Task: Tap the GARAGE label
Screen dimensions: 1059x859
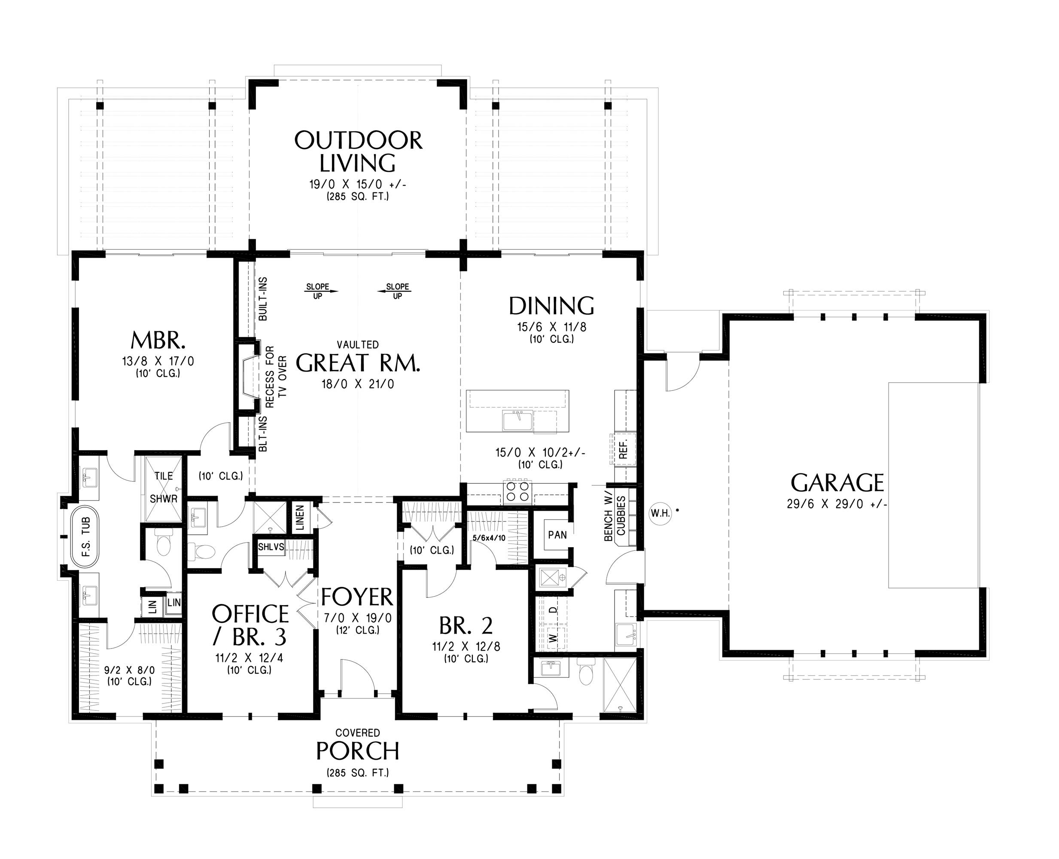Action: point(837,482)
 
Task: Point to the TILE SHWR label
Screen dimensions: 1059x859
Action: point(163,487)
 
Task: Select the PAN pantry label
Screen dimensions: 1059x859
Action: point(557,534)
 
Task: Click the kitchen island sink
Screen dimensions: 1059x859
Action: point(517,421)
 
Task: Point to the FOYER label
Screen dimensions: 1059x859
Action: point(357,597)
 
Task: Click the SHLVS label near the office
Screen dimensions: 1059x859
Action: point(271,547)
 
